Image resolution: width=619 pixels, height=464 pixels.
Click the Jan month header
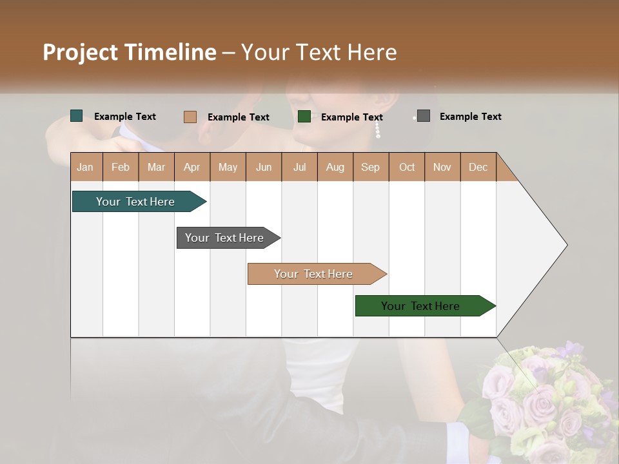[86, 167]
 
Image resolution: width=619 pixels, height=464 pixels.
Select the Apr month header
[192, 167]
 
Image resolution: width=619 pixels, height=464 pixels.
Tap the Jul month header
[299, 167]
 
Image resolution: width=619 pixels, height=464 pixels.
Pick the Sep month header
[370, 167]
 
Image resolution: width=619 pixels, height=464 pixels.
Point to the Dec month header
[478, 167]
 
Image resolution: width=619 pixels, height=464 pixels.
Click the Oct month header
[406, 167]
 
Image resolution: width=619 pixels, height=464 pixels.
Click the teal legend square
[76, 116]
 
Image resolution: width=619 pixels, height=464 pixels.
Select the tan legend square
[190, 117]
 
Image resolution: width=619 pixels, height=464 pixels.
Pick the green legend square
[304, 117]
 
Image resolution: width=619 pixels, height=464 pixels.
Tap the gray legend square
[423, 116]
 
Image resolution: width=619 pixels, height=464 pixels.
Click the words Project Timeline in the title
[129, 52]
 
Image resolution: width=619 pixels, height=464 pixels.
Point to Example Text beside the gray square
[470, 117]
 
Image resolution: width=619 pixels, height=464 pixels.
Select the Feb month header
[121, 167]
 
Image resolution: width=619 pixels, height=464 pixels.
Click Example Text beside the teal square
[124, 117]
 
